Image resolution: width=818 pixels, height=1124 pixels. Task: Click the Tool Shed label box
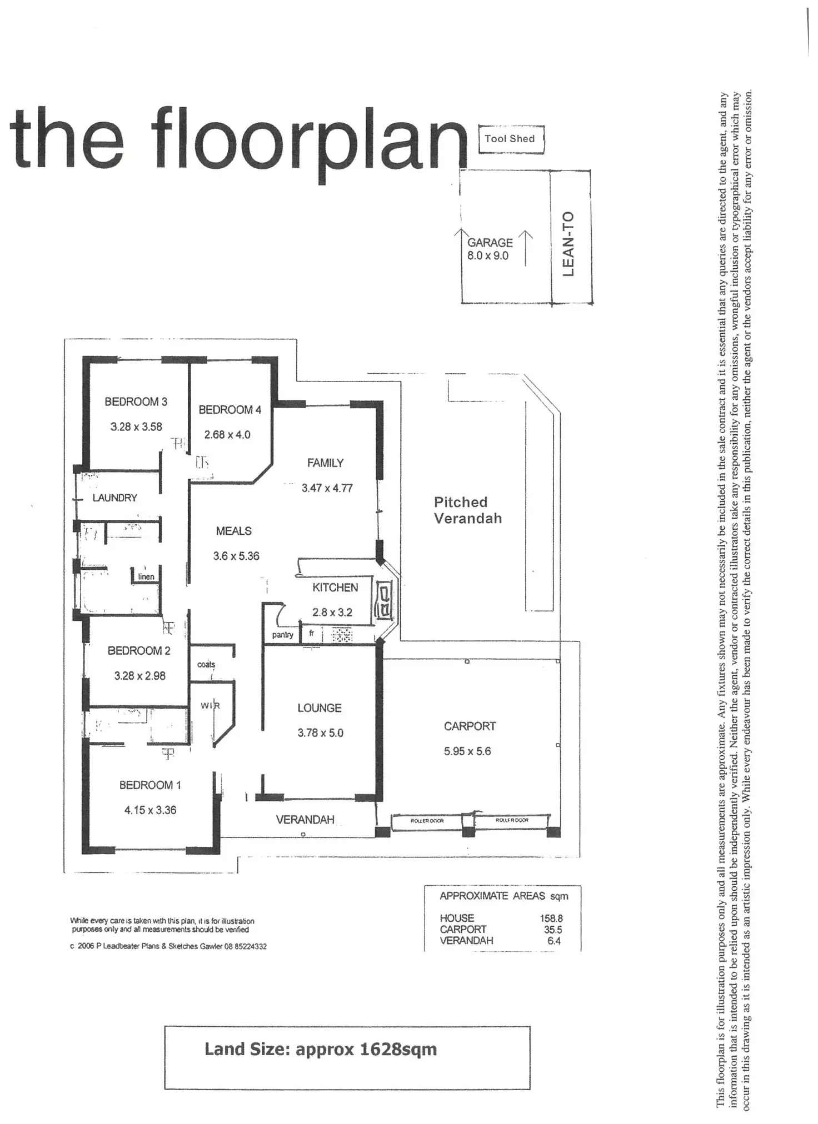pyautogui.click(x=510, y=139)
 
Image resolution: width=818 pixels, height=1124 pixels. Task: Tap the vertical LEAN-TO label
pyautogui.click(x=568, y=244)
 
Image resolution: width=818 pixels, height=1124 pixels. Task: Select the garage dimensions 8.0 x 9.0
pyautogui.click(x=488, y=256)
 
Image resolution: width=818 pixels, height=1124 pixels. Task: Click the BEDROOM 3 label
pyautogui.click(x=136, y=402)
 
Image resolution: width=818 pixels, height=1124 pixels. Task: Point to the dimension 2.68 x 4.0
pyautogui.click(x=227, y=435)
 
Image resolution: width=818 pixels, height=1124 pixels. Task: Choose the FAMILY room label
pyautogui.click(x=325, y=463)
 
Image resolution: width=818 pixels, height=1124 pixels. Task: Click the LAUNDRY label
pyautogui.click(x=114, y=498)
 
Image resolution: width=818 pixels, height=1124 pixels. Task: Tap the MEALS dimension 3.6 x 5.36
pyautogui.click(x=236, y=556)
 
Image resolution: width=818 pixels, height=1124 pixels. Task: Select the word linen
pyautogui.click(x=146, y=576)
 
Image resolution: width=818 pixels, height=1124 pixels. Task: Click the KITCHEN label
pyautogui.click(x=335, y=587)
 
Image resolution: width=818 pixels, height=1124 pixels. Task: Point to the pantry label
pyautogui.click(x=283, y=635)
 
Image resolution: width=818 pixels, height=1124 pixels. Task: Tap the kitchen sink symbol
pyautogui.click(x=385, y=600)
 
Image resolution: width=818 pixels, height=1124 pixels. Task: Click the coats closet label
pyautogui.click(x=206, y=664)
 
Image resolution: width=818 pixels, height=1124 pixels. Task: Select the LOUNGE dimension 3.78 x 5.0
pyautogui.click(x=320, y=733)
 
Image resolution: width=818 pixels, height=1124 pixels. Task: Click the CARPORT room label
pyautogui.click(x=470, y=726)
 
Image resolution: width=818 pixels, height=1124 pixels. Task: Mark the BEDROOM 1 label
pyautogui.click(x=150, y=785)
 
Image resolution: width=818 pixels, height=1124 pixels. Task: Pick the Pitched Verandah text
pyautogui.click(x=467, y=510)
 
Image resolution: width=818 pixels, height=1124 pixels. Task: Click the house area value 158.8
pyautogui.click(x=551, y=919)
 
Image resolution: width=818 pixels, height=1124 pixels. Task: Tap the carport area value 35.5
pyautogui.click(x=553, y=929)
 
